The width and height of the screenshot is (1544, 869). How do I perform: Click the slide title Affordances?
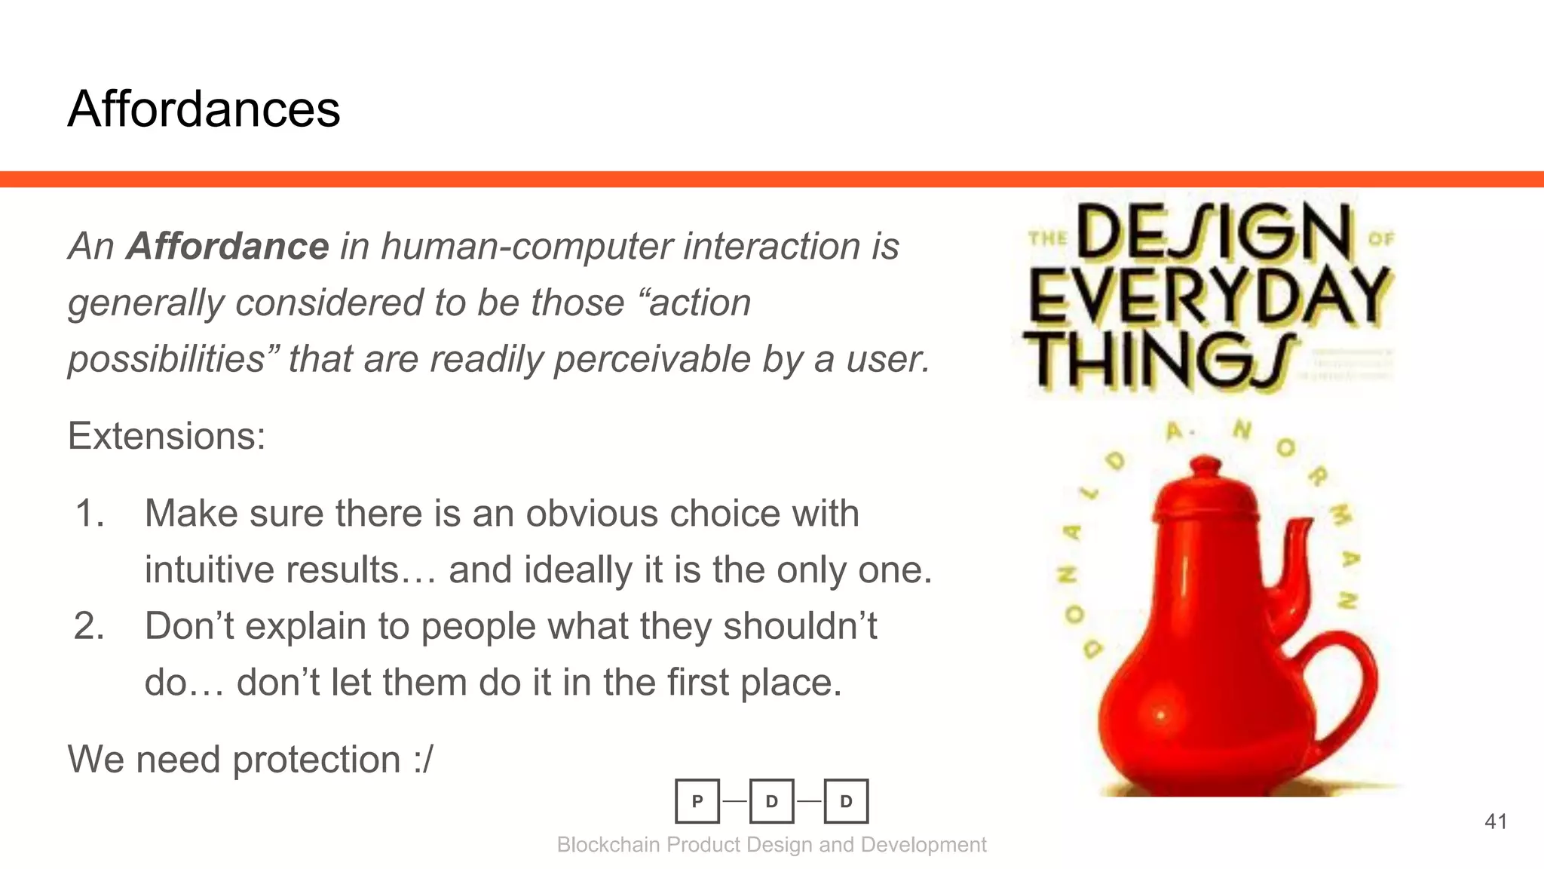tap(204, 109)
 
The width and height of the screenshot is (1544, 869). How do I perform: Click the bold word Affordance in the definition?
tap(228, 246)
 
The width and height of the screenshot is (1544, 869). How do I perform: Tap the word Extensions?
tap(166, 436)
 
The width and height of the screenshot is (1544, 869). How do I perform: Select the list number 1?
tap(90, 514)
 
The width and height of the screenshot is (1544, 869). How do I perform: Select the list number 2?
tap(89, 626)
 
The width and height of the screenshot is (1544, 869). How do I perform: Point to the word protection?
tap(317, 760)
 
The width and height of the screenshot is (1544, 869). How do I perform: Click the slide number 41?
tap(1496, 821)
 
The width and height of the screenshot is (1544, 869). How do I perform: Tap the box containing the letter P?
tap(697, 801)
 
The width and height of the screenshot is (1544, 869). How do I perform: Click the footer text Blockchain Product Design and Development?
tap(771, 845)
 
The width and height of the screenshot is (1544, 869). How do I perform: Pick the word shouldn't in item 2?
tap(800, 626)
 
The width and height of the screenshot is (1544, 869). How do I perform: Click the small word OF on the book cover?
tap(1381, 239)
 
